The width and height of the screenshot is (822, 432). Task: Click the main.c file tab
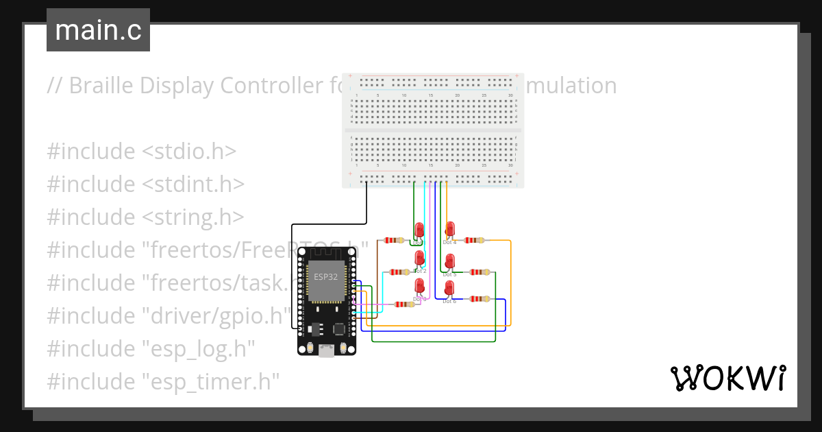98,30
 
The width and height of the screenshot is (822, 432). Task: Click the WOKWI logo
727,378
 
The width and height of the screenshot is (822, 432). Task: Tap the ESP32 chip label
324,277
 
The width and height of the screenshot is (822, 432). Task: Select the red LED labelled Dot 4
451,229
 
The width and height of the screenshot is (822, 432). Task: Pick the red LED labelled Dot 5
450,261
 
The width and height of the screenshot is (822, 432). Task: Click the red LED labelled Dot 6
450,288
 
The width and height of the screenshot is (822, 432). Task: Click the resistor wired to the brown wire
393,240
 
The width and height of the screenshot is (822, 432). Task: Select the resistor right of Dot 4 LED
474,240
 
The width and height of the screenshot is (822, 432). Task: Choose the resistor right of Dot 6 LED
480,299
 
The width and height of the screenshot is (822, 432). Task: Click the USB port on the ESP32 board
327,351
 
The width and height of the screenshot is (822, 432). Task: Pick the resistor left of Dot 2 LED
399,272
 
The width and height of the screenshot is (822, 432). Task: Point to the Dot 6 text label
449,302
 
